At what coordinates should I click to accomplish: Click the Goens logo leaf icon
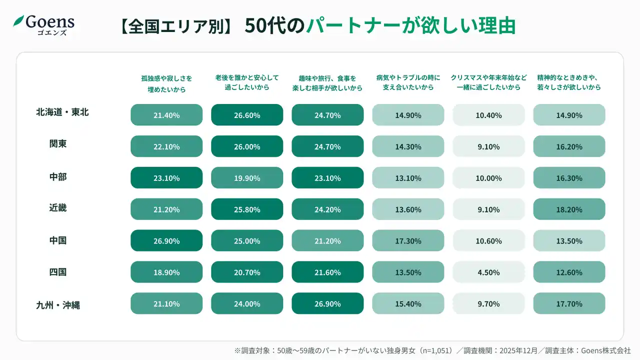coord(18,21)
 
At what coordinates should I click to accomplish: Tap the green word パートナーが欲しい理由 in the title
coord(410,26)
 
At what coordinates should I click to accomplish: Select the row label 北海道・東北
coord(62,112)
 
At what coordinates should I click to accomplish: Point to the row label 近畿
coord(58,208)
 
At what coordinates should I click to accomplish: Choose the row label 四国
coord(58,272)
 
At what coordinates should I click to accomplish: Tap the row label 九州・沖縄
coord(58,304)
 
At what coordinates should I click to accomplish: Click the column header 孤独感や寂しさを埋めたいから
coord(166,83)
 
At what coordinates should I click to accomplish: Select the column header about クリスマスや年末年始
coord(488,82)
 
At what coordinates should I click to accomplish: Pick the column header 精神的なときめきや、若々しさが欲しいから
coord(569,82)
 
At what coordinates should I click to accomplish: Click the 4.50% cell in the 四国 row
coord(488,272)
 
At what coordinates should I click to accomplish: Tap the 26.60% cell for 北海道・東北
coord(247,115)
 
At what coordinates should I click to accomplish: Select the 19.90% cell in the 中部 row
coord(247,178)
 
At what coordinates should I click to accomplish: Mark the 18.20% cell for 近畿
coord(569,209)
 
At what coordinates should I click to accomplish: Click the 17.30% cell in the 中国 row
coord(408,241)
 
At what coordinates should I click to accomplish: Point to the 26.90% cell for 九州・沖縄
coord(327,304)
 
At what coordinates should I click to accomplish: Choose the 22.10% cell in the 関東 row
coord(166,146)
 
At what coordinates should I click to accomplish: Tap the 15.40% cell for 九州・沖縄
coord(408,304)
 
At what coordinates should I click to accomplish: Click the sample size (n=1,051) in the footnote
coord(433,350)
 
